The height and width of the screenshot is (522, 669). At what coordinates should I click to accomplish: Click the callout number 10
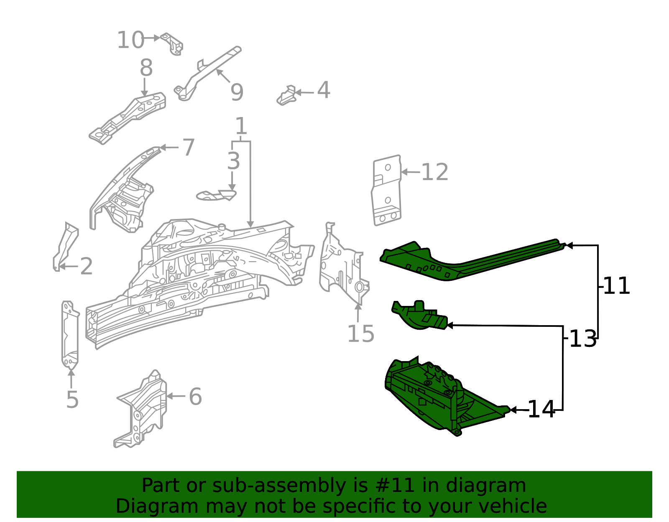tap(130, 40)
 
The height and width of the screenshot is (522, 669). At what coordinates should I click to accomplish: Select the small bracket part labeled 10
tap(173, 43)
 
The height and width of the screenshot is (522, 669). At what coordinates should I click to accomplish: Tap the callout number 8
tap(146, 68)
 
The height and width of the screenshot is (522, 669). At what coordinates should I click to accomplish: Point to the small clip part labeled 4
tap(286, 96)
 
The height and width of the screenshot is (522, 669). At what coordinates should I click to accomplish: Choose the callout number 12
tap(434, 172)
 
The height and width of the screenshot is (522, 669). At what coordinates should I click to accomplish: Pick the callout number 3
tap(233, 161)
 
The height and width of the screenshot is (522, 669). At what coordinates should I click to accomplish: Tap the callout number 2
tap(86, 266)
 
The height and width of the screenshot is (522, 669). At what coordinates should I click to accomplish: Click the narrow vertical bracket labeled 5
tap(70, 334)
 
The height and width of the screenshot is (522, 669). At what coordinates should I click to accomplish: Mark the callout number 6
tap(195, 397)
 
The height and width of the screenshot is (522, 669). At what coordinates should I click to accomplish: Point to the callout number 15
tap(360, 334)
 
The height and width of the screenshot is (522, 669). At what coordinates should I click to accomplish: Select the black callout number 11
tap(616, 286)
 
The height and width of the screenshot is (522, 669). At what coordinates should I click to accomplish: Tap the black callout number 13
tap(583, 339)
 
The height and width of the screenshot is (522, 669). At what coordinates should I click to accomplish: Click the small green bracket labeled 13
tap(420, 316)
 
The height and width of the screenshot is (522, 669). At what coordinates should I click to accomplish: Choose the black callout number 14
tap(541, 410)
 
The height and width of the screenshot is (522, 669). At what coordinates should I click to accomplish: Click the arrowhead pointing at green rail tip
tap(569, 246)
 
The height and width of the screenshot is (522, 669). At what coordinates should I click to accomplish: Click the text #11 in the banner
tap(395, 486)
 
